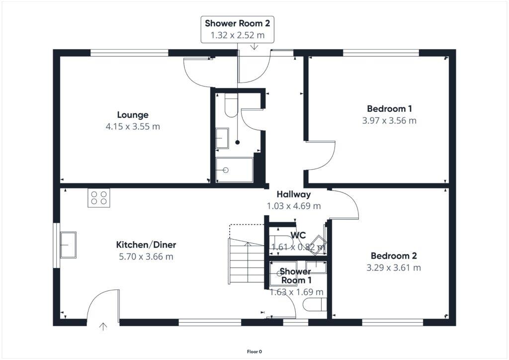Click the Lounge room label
click(x=133, y=115)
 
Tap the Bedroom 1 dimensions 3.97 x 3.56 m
click(x=390, y=120)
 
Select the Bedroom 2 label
click(x=394, y=256)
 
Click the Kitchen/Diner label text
click(x=146, y=245)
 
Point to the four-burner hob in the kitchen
click(x=98, y=198)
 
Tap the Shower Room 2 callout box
click(x=237, y=29)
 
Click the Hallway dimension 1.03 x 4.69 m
click(x=294, y=205)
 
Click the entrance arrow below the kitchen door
click(x=103, y=327)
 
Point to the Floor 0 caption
click(x=254, y=352)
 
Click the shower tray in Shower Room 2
click(x=235, y=170)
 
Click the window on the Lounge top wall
click(x=129, y=52)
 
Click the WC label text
click(x=298, y=235)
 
